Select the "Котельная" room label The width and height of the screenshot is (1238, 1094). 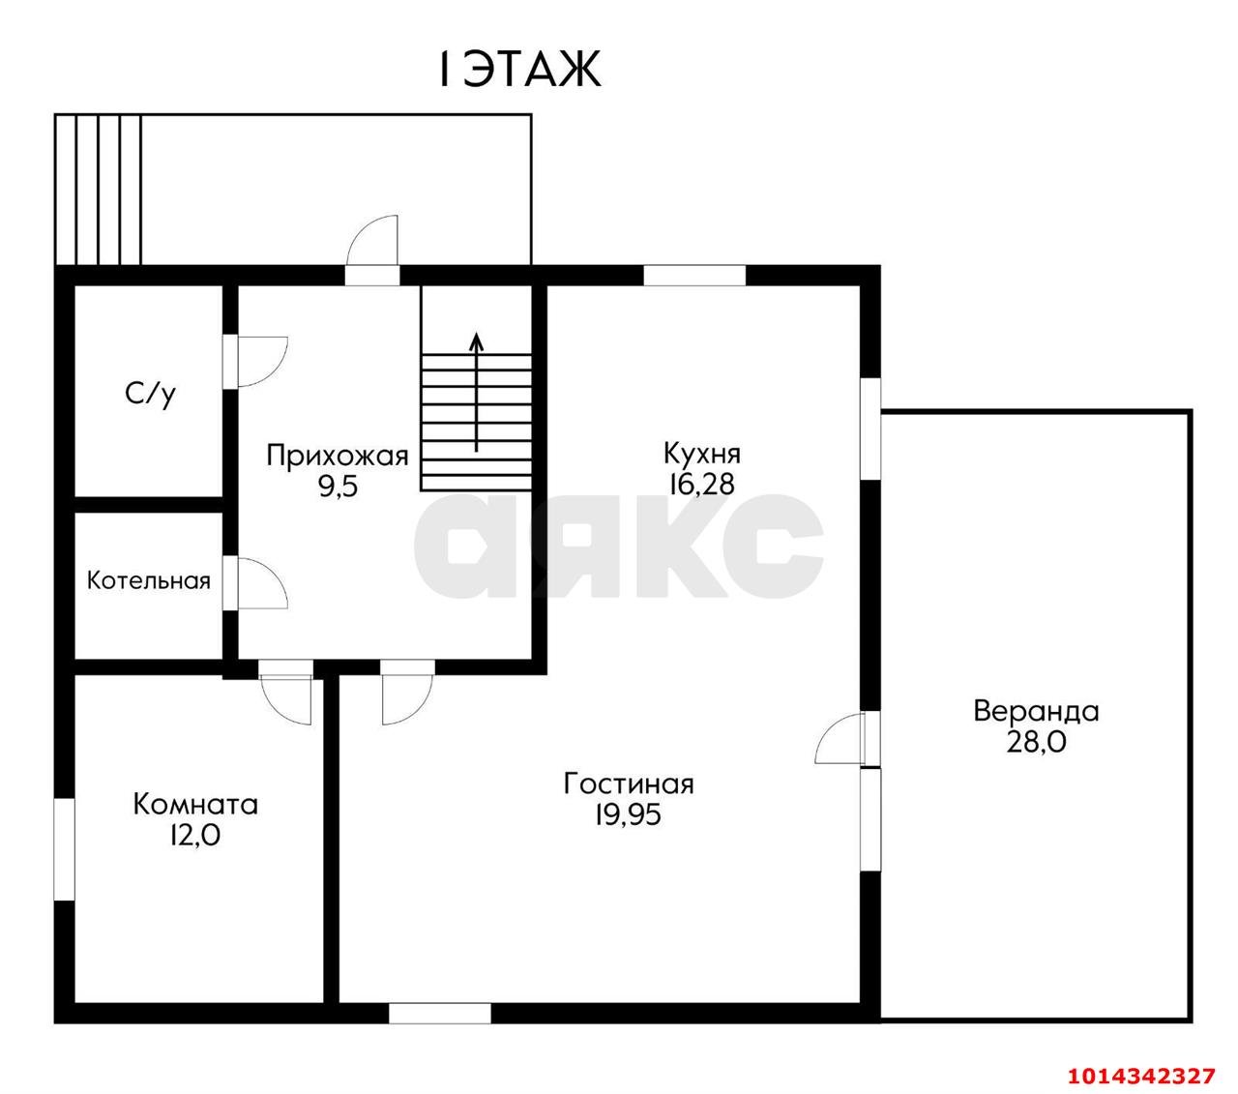(149, 580)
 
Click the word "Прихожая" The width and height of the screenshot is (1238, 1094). (338, 456)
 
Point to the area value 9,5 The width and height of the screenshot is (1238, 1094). (338, 488)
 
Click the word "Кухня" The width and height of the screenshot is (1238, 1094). (702, 454)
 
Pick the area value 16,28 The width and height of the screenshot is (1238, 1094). (701, 484)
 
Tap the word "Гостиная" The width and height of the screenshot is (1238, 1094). (629, 784)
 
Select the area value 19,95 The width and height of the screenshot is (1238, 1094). (628, 814)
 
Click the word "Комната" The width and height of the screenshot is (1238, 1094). (195, 805)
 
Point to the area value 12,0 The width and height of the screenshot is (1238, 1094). (195, 835)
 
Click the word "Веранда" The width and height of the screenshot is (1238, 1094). (1037, 711)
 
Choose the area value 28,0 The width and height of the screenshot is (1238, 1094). (1037, 743)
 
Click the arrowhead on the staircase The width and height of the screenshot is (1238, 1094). (476, 341)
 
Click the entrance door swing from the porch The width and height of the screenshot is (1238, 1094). (372, 241)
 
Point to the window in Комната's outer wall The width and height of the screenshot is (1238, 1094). (64, 849)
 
